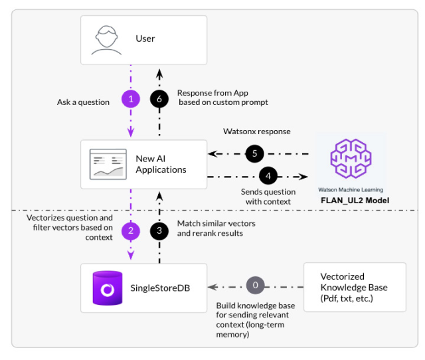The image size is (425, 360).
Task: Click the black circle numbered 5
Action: [x=255, y=153]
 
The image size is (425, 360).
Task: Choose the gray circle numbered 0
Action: [x=255, y=286]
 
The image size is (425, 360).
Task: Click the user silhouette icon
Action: [x=106, y=39]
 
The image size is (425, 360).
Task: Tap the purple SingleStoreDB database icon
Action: [x=107, y=288]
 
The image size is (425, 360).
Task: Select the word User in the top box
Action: [x=145, y=39]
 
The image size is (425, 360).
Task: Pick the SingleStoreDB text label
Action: [x=165, y=288]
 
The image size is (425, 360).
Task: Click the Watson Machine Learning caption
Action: [x=351, y=189]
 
